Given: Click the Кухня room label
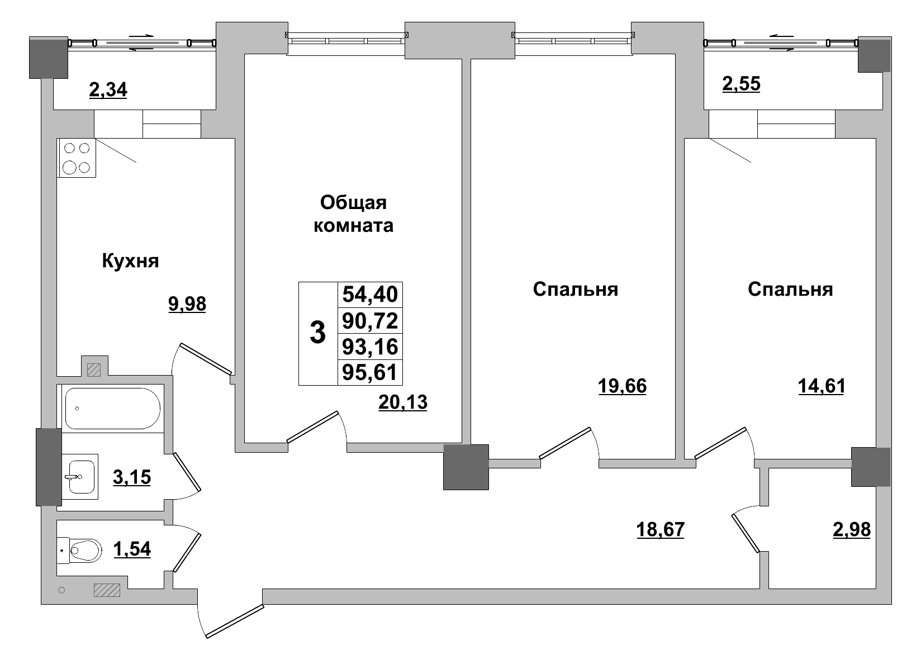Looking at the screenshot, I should pos(130,261).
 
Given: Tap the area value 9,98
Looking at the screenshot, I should pos(187,304).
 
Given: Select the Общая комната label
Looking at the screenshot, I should pos(353,214).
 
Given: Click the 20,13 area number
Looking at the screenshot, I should pos(402,402).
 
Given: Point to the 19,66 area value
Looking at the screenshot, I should pos(622,386).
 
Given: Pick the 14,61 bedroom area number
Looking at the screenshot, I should pos(820,386).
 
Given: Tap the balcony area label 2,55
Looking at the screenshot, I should pos(741,84).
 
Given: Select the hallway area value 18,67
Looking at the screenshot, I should pos(661,529).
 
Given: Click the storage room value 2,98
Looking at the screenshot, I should pos(851,529).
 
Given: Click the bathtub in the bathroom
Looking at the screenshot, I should pos(112,409).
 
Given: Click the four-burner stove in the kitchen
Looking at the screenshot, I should pos(77,158).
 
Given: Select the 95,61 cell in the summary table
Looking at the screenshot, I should pos(370,372).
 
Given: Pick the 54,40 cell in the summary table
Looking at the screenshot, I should pos(370,294).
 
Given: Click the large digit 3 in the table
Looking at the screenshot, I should pos(317,334).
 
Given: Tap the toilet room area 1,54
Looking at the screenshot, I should pos(132,549).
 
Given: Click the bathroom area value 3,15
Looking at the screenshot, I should pos(132,478).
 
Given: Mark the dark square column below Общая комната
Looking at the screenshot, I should pos(466,467).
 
